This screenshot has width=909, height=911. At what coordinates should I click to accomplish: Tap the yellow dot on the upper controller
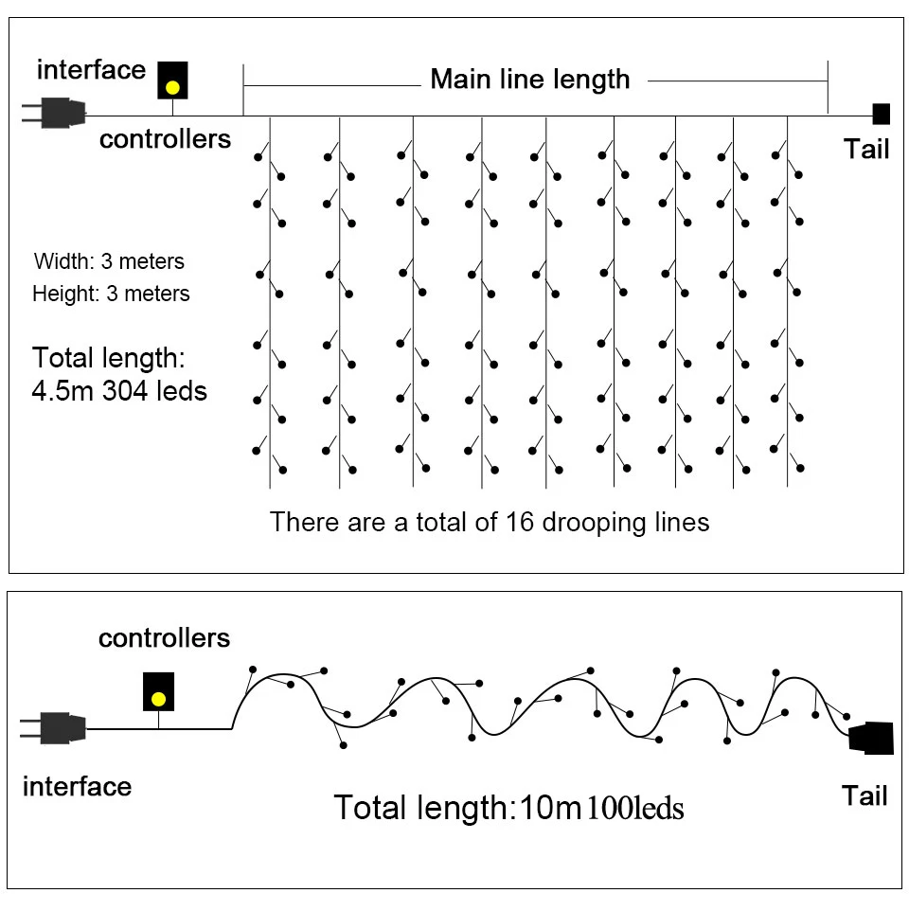[172, 87]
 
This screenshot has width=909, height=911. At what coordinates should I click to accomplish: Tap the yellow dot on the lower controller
[158, 700]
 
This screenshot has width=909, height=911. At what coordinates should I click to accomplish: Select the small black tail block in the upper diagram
[881, 114]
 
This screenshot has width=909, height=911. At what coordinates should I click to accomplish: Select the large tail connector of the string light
[872, 738]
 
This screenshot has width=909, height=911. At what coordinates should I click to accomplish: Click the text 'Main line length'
[529, 80]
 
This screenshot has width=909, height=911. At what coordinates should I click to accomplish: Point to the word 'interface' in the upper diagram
[91, 70]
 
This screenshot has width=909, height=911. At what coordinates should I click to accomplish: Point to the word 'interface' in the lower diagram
[77, 787]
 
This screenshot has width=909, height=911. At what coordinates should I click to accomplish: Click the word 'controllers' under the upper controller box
[165, 139]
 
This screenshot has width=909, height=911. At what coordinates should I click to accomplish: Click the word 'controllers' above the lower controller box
[164, 638]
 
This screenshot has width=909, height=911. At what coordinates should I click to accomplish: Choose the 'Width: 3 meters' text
[109, 261]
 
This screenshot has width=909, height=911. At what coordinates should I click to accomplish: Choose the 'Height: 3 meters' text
[111, 294]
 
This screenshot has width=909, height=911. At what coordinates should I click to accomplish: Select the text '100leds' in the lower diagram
[635, 809]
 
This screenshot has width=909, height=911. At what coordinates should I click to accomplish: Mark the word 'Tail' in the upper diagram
[865, 149]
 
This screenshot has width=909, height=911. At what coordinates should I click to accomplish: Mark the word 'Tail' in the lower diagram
[864, 796]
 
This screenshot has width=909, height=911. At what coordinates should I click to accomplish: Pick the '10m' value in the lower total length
[548, 809]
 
